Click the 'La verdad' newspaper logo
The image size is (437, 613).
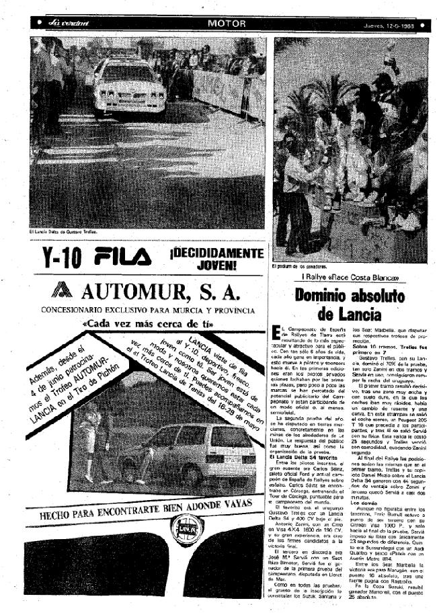(69, 24)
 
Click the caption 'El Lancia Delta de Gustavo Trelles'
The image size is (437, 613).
(64, 233)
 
